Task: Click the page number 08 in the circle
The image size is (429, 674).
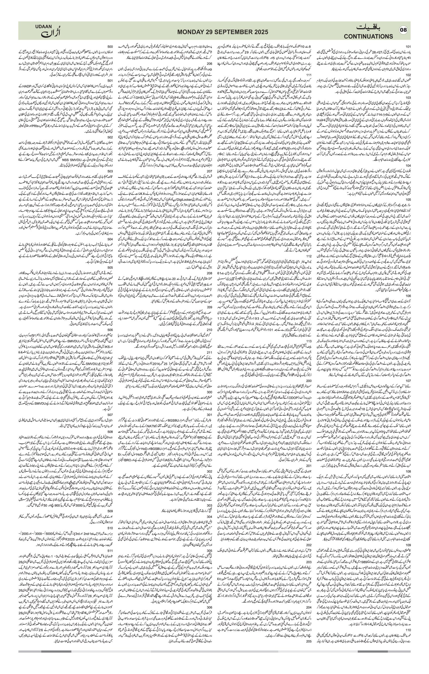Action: click(x=404, y=30)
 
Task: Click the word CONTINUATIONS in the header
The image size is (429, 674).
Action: click(x=368, y=36)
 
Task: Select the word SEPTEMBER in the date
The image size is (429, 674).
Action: click(x=231, y=32)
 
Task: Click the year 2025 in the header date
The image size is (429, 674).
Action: click(x=260, y=32)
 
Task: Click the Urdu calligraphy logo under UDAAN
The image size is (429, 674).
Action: click(x=51, y=33)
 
